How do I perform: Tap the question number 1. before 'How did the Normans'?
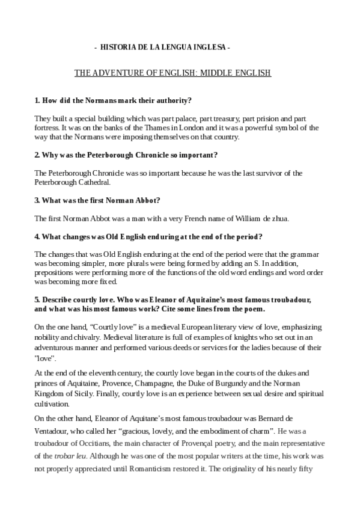(37, 99)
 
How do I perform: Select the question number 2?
(37, 155)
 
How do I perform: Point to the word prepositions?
(55, 272)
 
